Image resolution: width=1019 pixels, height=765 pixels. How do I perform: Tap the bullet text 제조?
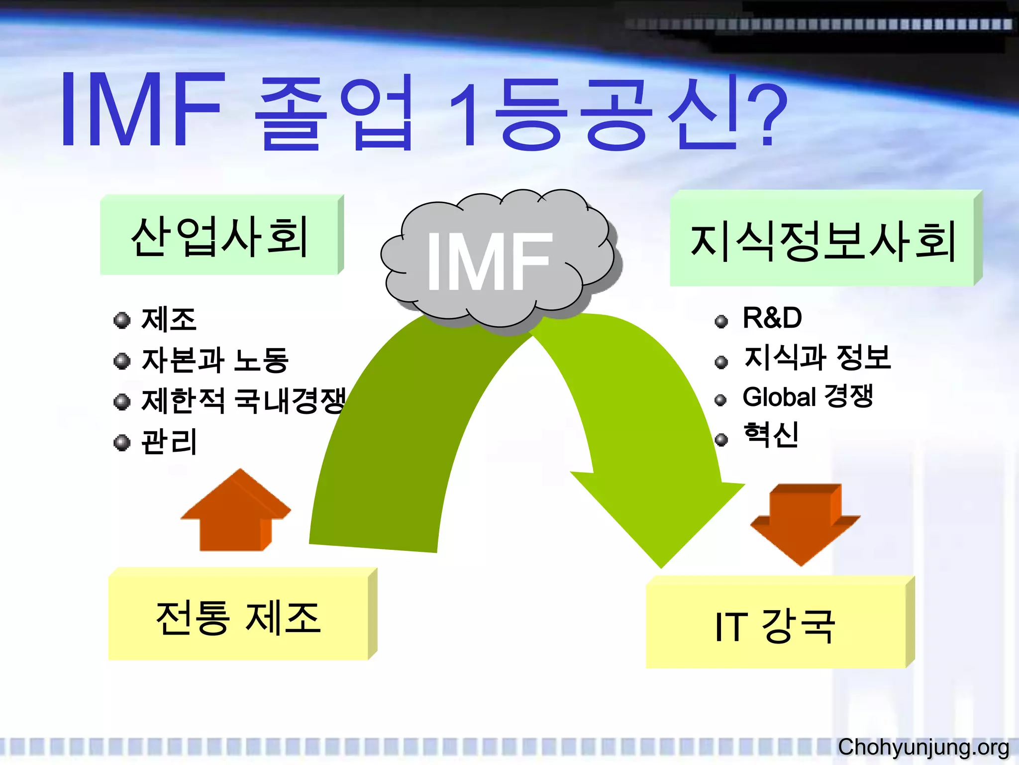point(169,319)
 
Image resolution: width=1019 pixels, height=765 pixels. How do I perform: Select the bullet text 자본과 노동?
point(215,360)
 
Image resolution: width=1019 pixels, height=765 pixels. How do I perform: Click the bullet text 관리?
point(169,442)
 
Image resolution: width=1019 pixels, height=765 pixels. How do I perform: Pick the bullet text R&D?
point(772,318)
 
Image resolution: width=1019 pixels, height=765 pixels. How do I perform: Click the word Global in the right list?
point(779,397)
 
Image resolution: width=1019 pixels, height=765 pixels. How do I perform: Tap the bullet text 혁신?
point(771,435)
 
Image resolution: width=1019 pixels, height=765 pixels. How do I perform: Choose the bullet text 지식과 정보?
point(816,358)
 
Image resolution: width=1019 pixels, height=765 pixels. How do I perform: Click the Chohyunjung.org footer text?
point(923,747)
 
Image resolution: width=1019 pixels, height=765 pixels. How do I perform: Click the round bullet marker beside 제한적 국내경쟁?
point(122,401)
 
